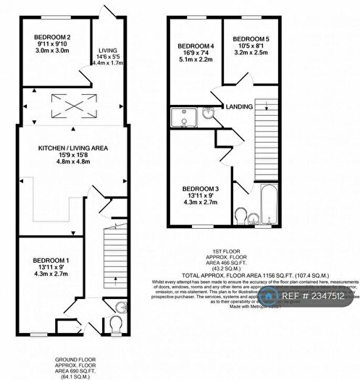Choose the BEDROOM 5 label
click(251, 38)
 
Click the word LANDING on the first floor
click(238, 107)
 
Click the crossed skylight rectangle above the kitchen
click(74, 106)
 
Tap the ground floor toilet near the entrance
click(115, 323)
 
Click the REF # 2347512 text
click(315, 295)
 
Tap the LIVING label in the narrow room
click(107, 51)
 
